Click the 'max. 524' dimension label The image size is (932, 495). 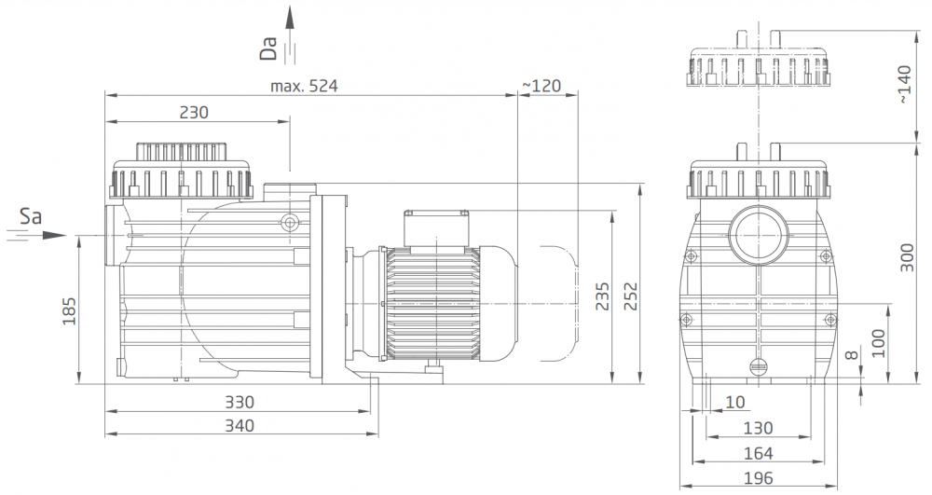click(304, 86)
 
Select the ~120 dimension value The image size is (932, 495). click(541, 86)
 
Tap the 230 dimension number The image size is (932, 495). click(194, 112)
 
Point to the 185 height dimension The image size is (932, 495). click(70, 310)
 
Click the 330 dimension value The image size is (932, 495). click(240, 403)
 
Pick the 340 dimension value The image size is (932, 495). click(240, 426)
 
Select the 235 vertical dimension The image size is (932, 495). click(603, 296)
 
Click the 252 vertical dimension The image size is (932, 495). click(630, 296)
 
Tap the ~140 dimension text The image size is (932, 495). click(903, 85)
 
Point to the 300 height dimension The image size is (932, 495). click(907, 257)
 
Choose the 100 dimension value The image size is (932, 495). click(879, 343)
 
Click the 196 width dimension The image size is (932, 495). click(759, 478)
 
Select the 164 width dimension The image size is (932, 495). click(759, 453)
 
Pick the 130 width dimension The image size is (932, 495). click(759, 428)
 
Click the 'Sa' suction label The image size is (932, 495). click(31, 215)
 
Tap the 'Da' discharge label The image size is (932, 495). click(268, 48)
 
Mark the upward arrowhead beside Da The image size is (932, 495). click(290, 17)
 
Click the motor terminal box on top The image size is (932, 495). click(436, 227)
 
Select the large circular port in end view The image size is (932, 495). click(760, 235)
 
